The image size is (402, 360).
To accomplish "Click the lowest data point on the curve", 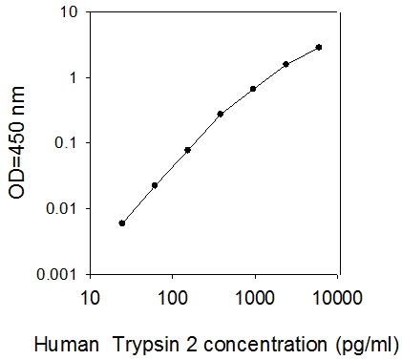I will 121,222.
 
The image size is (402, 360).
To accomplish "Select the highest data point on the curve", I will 319,47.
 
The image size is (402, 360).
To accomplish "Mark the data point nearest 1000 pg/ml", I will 253,89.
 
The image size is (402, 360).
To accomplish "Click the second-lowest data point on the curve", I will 155,185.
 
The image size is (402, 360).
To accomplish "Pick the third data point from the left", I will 187,150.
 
